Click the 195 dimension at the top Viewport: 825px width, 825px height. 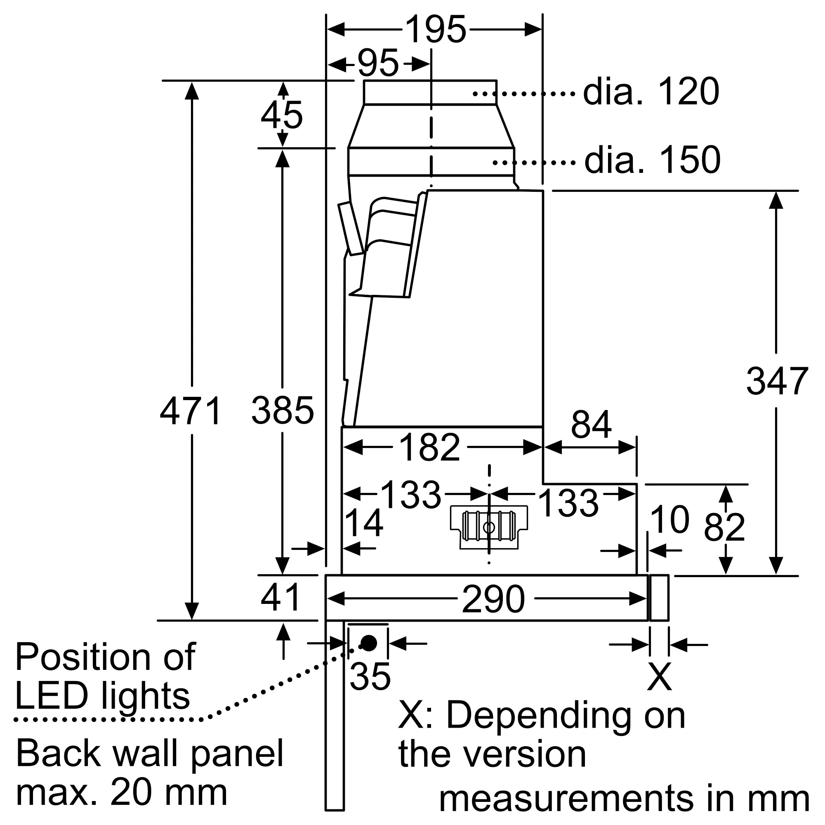(x=436, y=30)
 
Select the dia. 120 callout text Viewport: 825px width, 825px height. (x=651, y=92)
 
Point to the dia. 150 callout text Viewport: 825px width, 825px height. (x=652, y=160)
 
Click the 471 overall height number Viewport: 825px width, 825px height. (x=191, y=411)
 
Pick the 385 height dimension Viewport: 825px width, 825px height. (x=283, y=411)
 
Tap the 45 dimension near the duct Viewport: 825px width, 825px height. (x=282, y=115)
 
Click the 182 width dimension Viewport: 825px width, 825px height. (x=429, y=448)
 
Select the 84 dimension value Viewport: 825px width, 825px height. (x=591, y=424)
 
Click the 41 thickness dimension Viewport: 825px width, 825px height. (x=280, y=598)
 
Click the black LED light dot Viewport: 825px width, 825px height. (x=369, y=643)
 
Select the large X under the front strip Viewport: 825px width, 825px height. (x=659, y=677)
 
